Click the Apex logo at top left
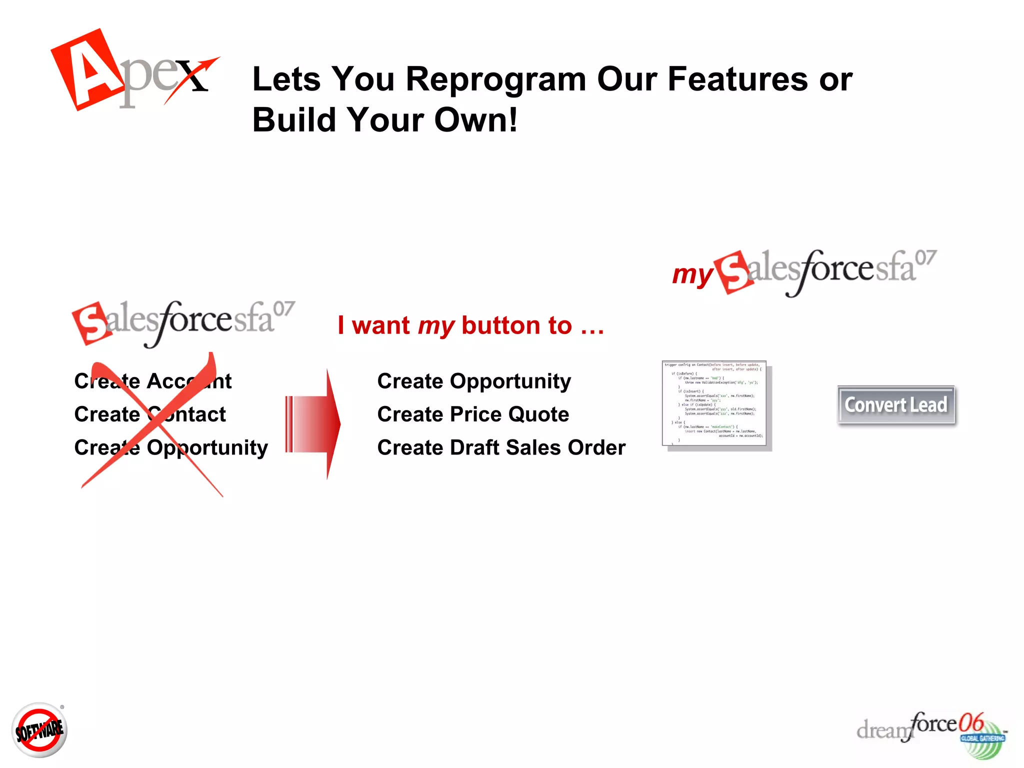point(132,70)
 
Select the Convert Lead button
point(895,405)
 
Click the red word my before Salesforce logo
point(692,274)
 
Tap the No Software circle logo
point(39,730)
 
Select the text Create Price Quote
point(473,414)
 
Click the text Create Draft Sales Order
point(501,447)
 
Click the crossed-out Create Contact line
point(150,414)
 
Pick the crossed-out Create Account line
point(152,381)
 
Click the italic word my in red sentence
point(436,326)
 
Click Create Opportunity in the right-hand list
point(474,381)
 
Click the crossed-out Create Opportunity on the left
point(171,447)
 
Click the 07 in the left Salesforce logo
point(284,309)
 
